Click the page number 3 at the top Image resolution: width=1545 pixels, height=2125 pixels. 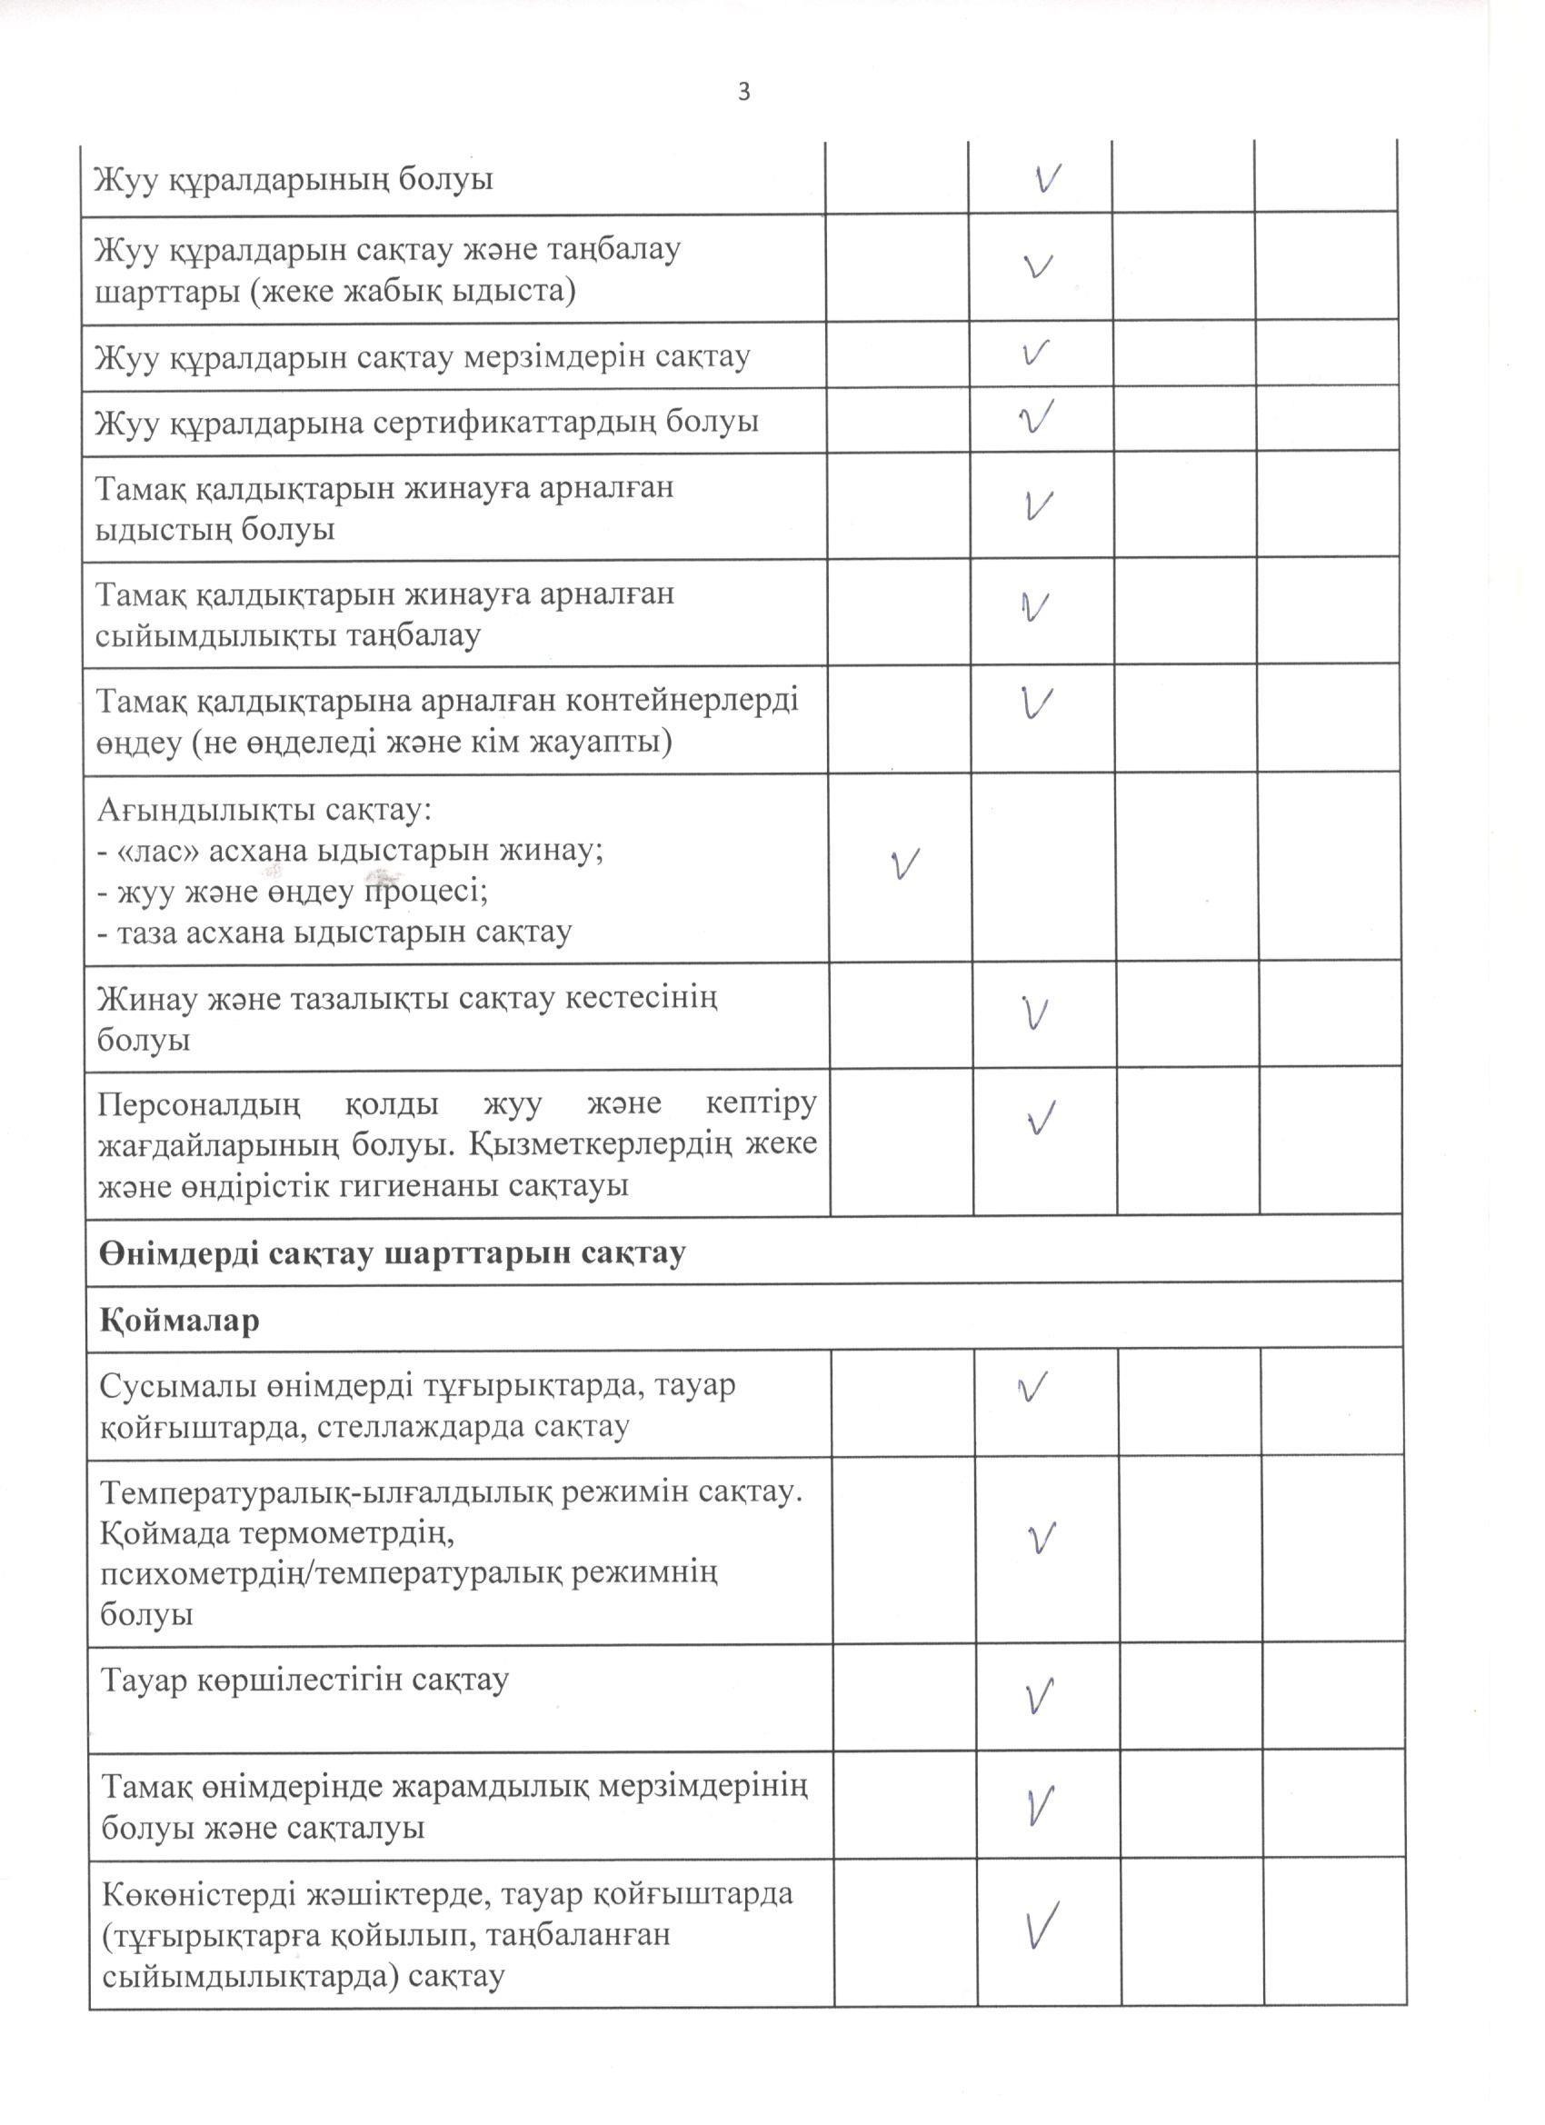tap(744, 93)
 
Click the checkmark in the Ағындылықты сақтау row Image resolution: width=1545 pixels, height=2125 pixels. tap(904, 863)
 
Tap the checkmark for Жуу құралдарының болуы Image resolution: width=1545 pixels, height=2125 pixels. tap(1049, 178)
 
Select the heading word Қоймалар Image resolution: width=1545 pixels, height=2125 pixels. tap(179, 1322)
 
